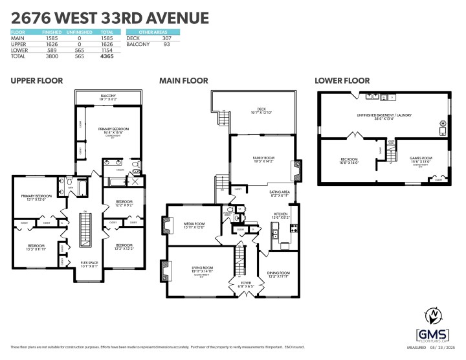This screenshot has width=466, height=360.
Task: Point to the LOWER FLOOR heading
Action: pyautogui.click(x=342, y=81)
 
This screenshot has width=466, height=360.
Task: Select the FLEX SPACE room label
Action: pyautogui.click(x=89, y=264)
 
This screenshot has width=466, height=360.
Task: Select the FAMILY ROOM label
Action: pyautogui.click(x=261, y=157)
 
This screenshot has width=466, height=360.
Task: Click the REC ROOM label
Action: pyautogui.click(x=349, y=159)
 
